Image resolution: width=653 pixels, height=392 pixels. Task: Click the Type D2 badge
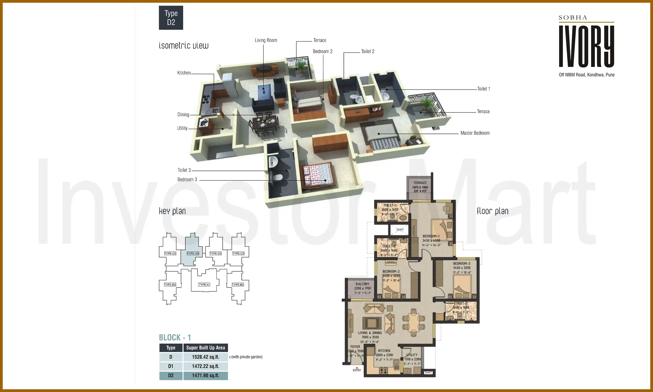click(x=171, y=18)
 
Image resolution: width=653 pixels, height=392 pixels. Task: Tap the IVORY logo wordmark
click(x=586, y=46)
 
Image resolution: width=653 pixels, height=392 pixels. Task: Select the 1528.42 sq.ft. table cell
click(x=205, y=357)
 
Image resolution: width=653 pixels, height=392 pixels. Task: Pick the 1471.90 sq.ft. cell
click(x=205, y=375)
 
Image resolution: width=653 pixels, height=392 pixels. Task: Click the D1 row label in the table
click(x=171, y=366)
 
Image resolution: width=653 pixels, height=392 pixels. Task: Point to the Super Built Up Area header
click(x=205, y=348)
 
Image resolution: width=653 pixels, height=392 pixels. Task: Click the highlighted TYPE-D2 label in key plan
click(x=193, y=253)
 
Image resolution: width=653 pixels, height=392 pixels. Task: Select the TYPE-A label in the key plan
click(x=204, y=284)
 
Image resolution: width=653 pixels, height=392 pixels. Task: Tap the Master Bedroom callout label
click(x=475, y=133)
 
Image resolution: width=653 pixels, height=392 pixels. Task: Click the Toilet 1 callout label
click(x=483, y=89)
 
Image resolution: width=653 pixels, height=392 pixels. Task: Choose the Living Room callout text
click(x=266, y=40)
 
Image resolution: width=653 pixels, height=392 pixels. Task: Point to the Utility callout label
click(x=182, y=128)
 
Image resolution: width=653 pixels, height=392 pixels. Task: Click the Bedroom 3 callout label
click(x=187, y=180)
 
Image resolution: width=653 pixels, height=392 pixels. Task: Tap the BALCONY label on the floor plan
click(x=362, y=284)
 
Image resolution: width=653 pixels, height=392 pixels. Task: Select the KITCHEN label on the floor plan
click(x=384, y=351)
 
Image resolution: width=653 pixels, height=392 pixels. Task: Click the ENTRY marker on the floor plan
click(x=357, y=370)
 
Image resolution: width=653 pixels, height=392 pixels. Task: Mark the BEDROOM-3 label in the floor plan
click(x=461, y=264)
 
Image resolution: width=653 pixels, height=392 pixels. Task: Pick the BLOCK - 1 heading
click(x=175, y=338)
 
